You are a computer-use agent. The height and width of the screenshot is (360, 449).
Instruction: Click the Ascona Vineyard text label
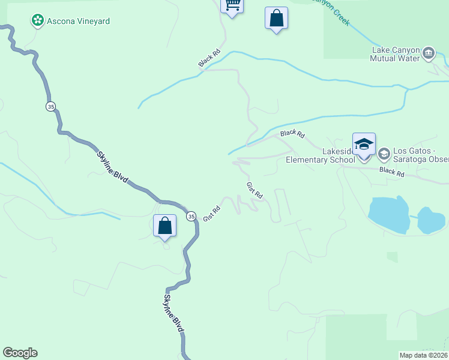(x=78, y=21)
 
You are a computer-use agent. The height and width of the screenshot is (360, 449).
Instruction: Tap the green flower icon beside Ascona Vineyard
(x=38, y=21)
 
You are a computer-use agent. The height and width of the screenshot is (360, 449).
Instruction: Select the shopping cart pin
(x=232, y=5)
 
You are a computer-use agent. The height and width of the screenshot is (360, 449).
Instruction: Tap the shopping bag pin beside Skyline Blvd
(x=164, y=226)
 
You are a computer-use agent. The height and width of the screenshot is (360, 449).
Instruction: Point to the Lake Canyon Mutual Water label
(x=396, y=54)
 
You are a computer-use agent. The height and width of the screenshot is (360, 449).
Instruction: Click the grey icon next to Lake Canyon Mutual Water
(x=429, y=53)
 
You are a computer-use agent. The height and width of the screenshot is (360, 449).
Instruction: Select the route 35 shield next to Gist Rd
(x=191, y=216)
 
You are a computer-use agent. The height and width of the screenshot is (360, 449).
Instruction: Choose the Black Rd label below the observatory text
(x=391, y=173)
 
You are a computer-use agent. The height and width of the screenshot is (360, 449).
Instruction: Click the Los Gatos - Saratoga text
(x=421, y=151)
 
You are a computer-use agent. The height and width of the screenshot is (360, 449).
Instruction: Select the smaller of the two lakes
(x=431, y=220)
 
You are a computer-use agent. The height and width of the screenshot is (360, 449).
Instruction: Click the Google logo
(x=20, y=353)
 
